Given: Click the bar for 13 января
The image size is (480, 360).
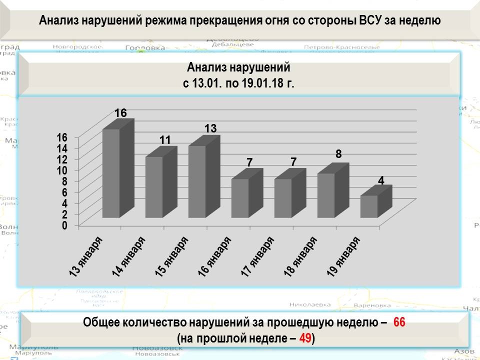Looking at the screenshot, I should [x=111, y=173].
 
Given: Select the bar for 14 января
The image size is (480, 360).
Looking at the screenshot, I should [x=154, y=187].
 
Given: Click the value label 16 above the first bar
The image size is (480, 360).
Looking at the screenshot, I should [x=120, y=113].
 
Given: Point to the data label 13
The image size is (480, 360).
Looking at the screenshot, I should [x=210, y=128].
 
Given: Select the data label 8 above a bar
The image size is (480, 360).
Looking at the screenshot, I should [x=338, y=154].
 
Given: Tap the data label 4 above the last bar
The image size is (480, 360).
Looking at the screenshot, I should [x=381, y=180].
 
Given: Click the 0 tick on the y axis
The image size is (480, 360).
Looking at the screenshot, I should [x=64, y=225].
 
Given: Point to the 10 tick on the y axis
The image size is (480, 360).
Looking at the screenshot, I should [x=61, y=170].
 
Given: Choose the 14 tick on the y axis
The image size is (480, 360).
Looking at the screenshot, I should [x=61, y=148].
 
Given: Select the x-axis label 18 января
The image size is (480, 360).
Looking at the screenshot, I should [x=300, y=255].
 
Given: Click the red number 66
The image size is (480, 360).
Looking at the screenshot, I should [x=399, y=322].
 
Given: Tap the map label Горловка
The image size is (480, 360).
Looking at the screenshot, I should [x=144, y=48].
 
